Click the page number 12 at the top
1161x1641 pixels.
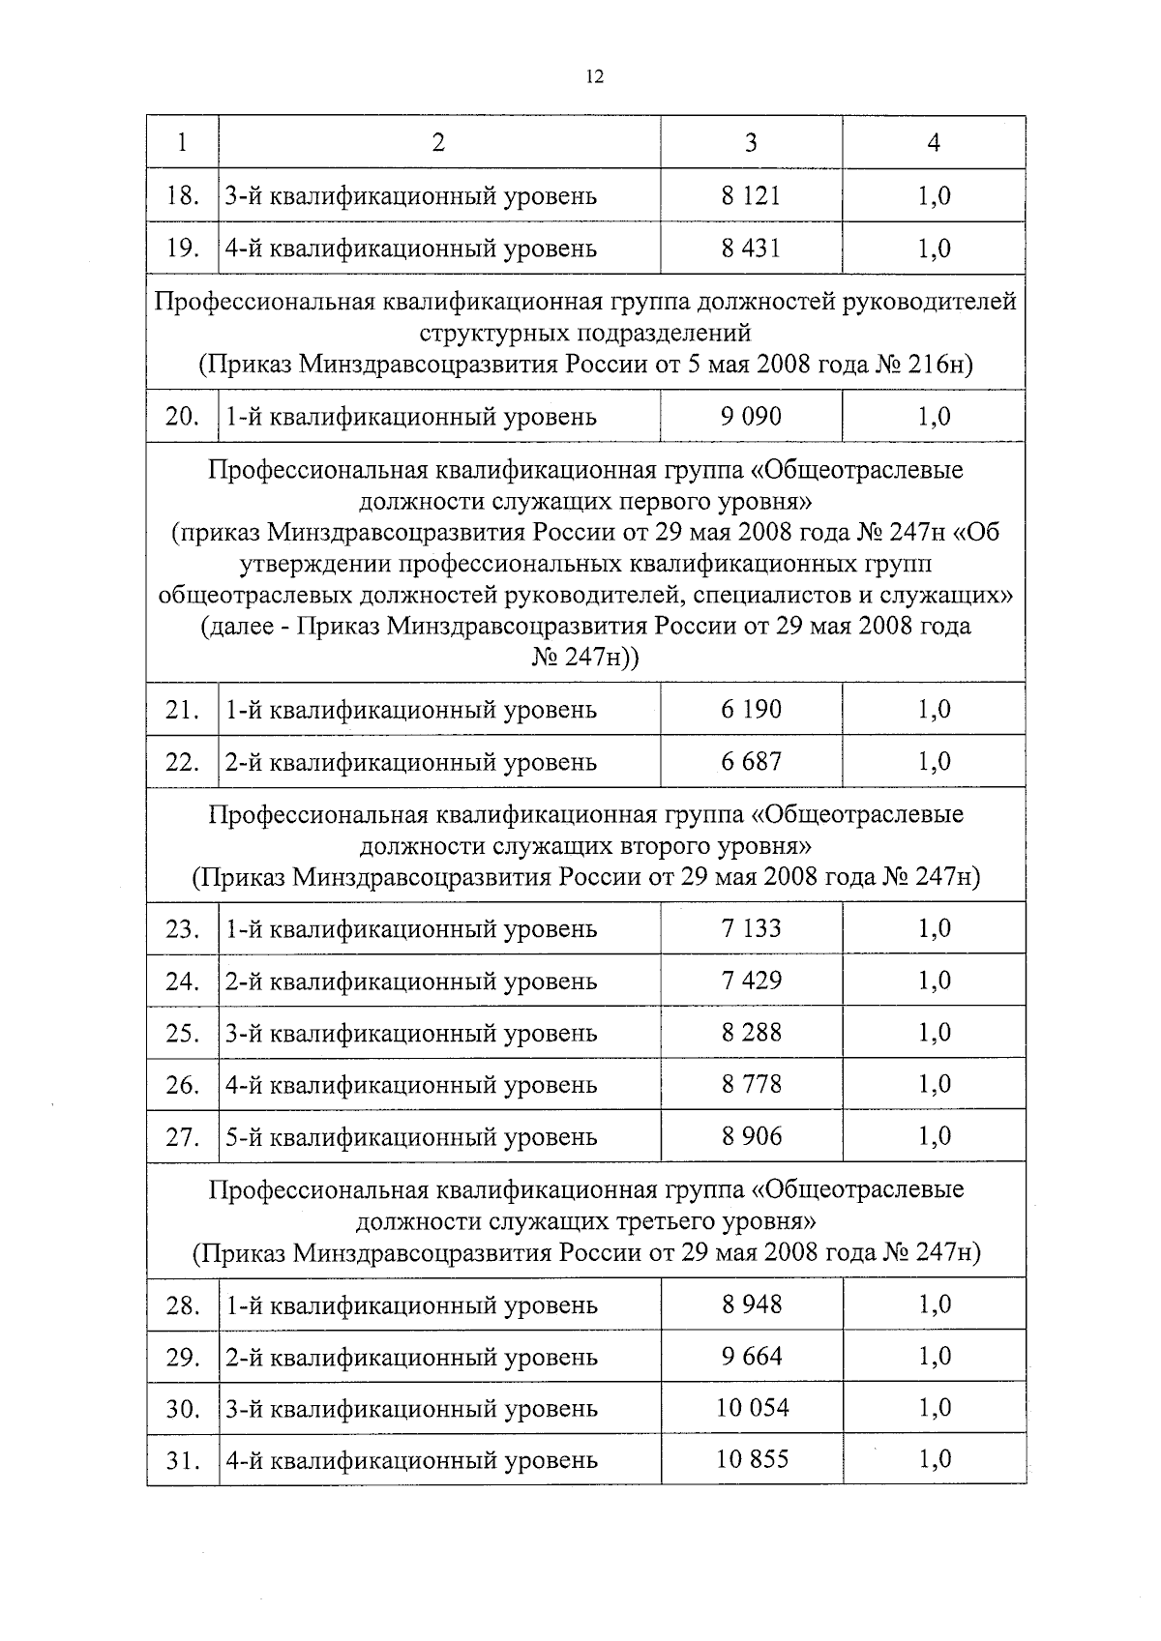click(594, 78)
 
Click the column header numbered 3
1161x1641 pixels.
click(751, 143)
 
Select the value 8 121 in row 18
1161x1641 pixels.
click(751, 195)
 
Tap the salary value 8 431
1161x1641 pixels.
click(751, 248)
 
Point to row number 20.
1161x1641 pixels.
click(182, 417)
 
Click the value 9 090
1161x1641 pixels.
click(751, 417)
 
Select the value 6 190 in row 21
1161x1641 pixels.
click(751, 709)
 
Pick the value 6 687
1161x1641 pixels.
click(751, 761)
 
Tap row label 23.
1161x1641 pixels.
click(182, 929)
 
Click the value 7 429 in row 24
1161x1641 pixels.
click(751, 981)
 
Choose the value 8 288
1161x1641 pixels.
click(751, 1033)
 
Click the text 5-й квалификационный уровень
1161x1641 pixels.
click(411, 1137)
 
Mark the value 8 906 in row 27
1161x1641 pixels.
click(751, 1136)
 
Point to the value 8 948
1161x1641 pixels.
click(751, 1304)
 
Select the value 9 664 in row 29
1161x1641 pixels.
click(751, 1357)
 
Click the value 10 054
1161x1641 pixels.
click(752, 1408)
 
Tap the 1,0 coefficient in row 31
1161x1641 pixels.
click(934, 1459)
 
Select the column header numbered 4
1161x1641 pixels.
click(934, 143)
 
